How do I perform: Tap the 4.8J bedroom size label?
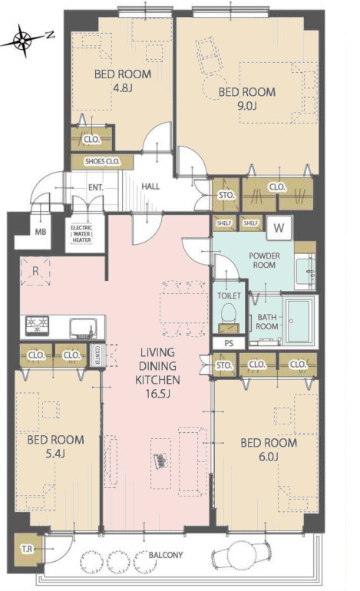(x=123, y=88)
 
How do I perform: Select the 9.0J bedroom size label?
(x=247, y=106)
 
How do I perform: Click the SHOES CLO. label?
(x=102, y=162)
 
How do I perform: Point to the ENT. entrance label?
(x=96, y=187)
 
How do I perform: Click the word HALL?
(x=150, y=187)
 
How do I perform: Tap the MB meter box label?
(x=41, y=232)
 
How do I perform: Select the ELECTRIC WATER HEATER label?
(x=81, y=233)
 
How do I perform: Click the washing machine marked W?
(x=279, y=228)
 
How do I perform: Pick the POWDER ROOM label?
(x=264, y=260)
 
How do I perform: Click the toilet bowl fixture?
(x=229, y=314)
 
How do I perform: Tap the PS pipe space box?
(x=229, y=343)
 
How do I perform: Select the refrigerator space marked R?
(x=35, y=272)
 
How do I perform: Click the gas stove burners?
(x=37, y=325)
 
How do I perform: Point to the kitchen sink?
(x=83, y=328)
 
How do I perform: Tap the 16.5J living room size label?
(x=158, y=395)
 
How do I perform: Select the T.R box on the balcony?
(x=27, y=549)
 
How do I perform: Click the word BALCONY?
(x=166, y=555)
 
